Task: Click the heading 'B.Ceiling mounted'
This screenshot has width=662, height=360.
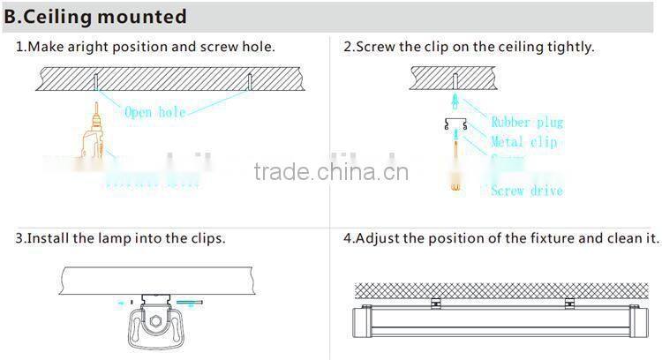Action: [97, 17]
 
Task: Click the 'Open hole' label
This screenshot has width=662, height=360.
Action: [154, 112]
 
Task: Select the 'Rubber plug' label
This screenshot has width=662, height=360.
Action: [527, 123]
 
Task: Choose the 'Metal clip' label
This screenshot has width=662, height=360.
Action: [524, 142]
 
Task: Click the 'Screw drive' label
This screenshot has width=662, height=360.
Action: [527, 190]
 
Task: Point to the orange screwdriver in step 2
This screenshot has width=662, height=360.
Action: [455, 172]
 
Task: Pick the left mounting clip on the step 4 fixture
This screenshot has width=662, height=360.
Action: [434, 304]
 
